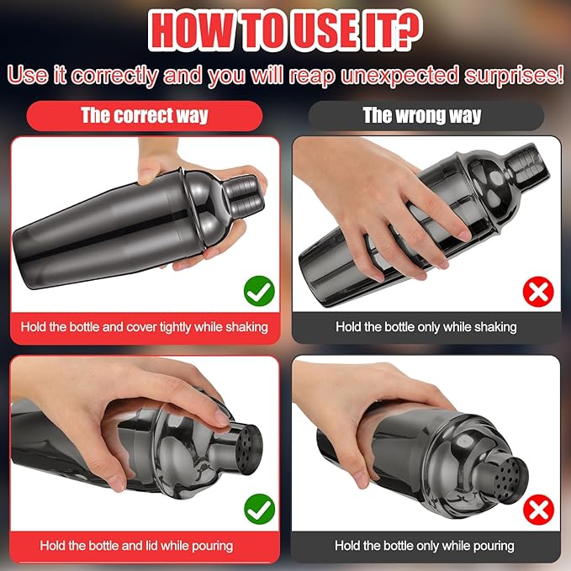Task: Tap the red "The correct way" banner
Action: [x=145, y=116]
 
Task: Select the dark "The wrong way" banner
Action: [x=426, y=116]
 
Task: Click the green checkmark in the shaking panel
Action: [x=259, y=291]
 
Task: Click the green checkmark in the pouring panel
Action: [x=259, y=509]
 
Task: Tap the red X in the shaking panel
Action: [x=538, y=292]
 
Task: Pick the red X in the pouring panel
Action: [x=538, y=510]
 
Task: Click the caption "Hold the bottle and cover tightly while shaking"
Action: [x=144, y=327]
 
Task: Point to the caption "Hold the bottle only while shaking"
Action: [x=426, y=327]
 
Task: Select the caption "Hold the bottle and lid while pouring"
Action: [x=136, y=546]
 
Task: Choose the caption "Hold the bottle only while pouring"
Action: [x=425, y=546]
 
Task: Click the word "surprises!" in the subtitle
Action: [x=514, y=76]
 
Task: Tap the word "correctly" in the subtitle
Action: [x=114, y=76]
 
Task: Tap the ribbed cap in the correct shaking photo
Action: [x=243, y=195]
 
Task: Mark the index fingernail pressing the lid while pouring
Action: [x=222, y=418]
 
